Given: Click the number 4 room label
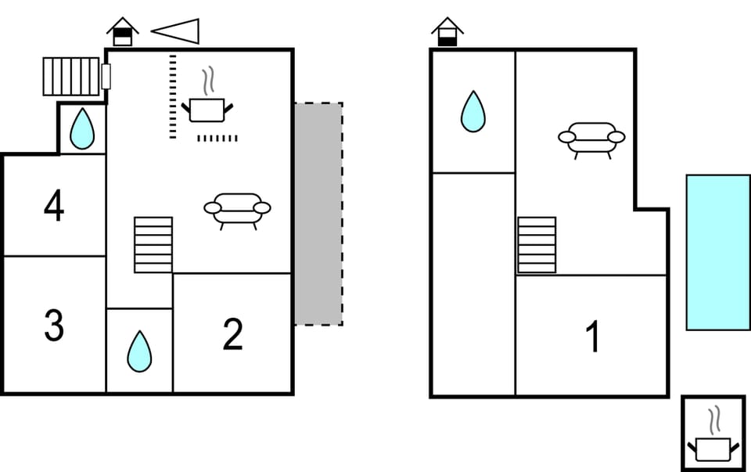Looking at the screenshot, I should (x=54, y=207).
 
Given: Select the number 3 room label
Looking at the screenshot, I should (x=54, y=326).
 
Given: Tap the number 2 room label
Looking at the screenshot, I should (x=232, y=335).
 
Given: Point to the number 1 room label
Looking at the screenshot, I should (x=593, y=337).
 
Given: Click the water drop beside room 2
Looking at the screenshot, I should (x=139, y=351).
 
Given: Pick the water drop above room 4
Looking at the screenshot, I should (x=82, y=128).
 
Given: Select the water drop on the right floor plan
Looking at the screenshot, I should (x=473, y=111).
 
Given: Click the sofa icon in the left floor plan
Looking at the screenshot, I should (x=237, y=210).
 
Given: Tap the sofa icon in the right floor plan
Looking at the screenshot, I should (x=591, y=139).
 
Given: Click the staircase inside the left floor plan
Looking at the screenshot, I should (x=153, y=245).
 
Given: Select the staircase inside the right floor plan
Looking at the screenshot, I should (x=537, y=245).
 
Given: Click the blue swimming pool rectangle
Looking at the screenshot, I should (x=718, y=252).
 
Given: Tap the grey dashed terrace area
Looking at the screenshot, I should (x=318, y=214).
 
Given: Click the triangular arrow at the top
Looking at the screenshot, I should (x=177, y=31).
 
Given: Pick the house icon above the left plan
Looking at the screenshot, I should (x=123, y=32).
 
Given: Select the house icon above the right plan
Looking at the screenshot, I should (x=447, y=32).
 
